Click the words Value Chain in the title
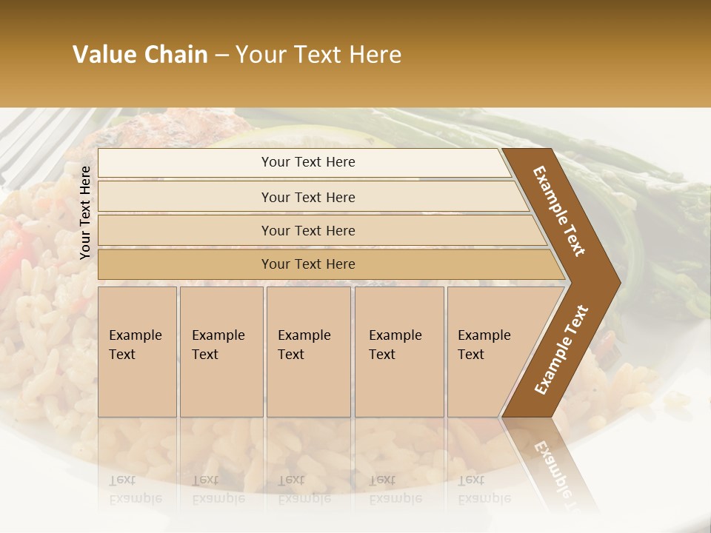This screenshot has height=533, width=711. point(140,55)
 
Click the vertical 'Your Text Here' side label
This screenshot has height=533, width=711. point(85,212)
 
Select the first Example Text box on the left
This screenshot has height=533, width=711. point(137,351)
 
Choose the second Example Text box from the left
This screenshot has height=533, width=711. point(221,351)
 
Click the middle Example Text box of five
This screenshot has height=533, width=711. point(308,351)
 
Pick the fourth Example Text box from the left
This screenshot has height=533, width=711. point(399,351)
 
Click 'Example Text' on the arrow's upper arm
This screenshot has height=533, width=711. point(560,212)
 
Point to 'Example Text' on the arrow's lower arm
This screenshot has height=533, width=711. point(561,349)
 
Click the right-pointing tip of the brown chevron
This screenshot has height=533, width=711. point(618,282)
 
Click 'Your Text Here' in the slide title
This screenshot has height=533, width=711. point(318,55)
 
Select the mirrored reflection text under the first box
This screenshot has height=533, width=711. point(136,489)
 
